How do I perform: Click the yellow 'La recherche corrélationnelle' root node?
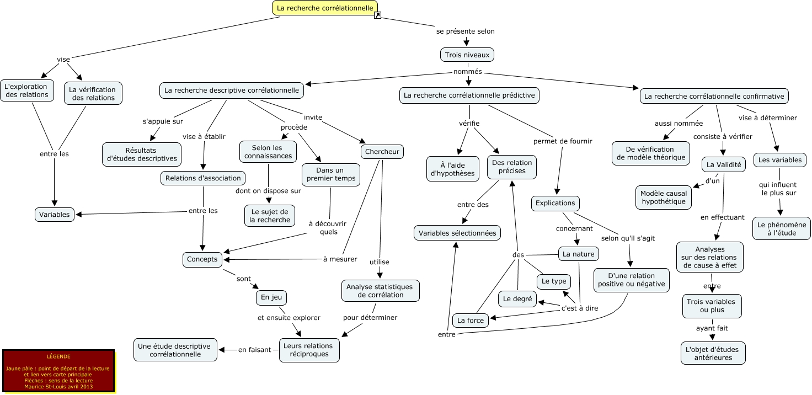[324, 8]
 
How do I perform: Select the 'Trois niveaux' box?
[467, 55]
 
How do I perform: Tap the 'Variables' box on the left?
[55, 214]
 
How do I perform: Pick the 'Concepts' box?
[202, 259]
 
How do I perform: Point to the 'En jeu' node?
[271, 297]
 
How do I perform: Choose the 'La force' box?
[471, 320]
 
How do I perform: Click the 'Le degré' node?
[517, 299]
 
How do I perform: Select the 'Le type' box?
[554, 281]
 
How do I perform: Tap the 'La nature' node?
[578, 254]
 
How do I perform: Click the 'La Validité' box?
[724, 164]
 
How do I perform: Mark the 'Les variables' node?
[779, 160]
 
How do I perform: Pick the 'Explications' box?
[555, 203]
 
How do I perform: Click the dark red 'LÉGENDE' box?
[58, 371]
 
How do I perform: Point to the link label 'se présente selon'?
[465, 31]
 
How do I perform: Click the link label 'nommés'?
[467, 72]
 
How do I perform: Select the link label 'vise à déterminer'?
[767, 118]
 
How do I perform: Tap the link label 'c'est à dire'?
[579, 308]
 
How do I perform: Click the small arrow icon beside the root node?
[377, 15]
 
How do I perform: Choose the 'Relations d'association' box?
[203, 178]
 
